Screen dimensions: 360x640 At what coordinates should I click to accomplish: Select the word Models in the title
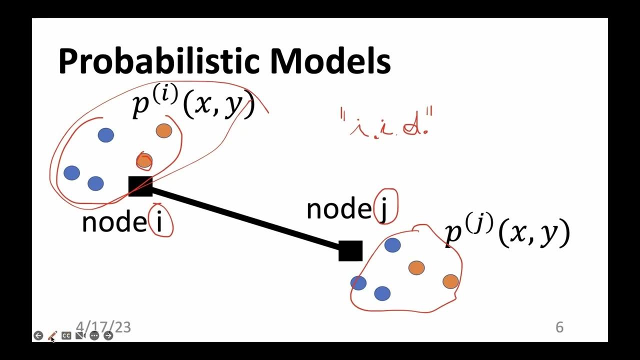click(x=330, y=61)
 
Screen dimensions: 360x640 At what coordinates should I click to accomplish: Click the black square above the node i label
click(x=140, y=186)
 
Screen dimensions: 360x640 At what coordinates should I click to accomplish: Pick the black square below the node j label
click(x=350, y=251)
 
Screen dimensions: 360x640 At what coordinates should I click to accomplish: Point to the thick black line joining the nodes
click(x=245, y=218)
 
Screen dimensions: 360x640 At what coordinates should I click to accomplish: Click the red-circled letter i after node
click(x=160, y=221)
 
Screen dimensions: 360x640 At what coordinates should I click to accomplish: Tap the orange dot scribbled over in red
click(x=144, y=161)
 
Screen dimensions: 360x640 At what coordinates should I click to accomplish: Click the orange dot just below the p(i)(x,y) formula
click(x=164, y=131)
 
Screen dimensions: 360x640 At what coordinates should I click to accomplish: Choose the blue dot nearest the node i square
click(x=95, y=183)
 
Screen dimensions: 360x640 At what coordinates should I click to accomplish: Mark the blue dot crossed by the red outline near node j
click(x=358, y=283)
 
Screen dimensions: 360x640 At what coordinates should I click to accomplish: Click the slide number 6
click(x=559, y=327)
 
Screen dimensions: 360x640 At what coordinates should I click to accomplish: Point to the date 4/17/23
click(x=103, y=327)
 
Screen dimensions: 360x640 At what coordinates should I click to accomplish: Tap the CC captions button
click(x=66, y=336)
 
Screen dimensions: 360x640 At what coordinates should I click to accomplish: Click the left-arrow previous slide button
click(x=38, y=336)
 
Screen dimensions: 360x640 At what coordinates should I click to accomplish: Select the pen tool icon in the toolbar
click(x=52, y=336)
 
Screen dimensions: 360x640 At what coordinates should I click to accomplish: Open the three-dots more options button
click(x=94, y=336)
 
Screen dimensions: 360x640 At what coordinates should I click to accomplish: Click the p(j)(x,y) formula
click(x=507, y=233)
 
